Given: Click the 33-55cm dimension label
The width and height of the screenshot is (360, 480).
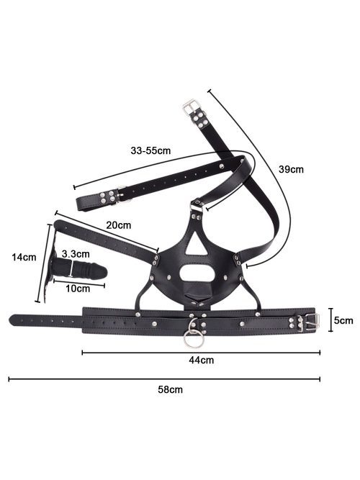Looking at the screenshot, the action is [x=150, y=150].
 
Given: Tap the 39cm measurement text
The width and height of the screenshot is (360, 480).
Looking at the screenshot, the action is [x=291, y=169].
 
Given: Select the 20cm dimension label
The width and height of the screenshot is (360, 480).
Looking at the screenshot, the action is [x=118, y=225].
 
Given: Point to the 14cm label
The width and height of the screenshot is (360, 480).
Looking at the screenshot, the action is [x=24, y=257].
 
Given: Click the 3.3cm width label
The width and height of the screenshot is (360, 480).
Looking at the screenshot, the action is [x=76, y=254].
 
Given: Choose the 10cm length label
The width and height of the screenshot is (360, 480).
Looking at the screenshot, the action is [x=78, y=289].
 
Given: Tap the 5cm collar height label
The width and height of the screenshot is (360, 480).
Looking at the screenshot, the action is [x=343, y=320].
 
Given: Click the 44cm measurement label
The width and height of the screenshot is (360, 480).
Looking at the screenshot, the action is [x=202, y=360].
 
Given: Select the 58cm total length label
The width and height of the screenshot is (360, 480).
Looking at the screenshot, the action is [x=171, y=390].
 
